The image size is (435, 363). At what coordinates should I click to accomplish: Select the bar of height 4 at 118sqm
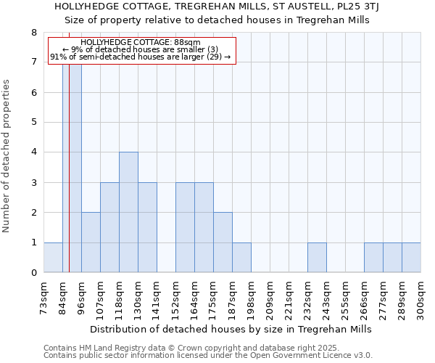pyautogui.click(x=128, y=212)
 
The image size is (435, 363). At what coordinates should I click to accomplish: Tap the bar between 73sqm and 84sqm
pyautogui.click(x=53, y=258)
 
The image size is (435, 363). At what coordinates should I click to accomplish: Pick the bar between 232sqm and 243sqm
pyautogui.click(x=317, y=258)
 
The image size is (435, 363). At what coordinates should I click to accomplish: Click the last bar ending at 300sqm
pyautogui.click(x=411, y=258)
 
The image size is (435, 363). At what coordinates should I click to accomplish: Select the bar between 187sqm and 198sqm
pyautogui.click(x=241, y=258)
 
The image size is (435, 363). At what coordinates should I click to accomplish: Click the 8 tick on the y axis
pyautogui.click(x=33, y=33)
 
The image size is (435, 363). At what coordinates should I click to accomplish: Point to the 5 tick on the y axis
pyautogui.click(x=33, y=123)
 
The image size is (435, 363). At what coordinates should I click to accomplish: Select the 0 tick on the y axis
pyautogui.click(x=33, y=273)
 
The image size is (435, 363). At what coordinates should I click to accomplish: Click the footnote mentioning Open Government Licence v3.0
pyautogui.click(x=208, y=356)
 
